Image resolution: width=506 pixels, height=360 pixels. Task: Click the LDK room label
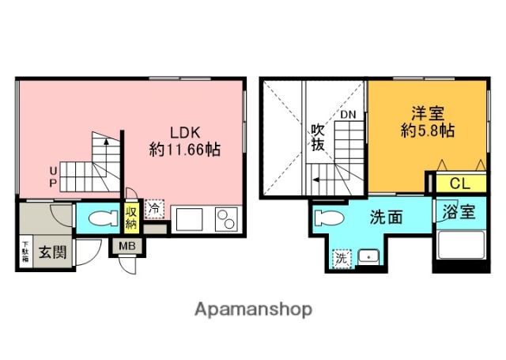[x=185, y=132]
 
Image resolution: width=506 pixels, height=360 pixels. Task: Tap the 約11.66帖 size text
[x=185, y=148]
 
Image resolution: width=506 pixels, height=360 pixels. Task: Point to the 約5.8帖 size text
[x=427, y=131]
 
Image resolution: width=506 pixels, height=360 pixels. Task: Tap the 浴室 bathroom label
[x=459, y=212]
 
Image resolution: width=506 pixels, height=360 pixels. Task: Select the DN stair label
[x=349, y=116]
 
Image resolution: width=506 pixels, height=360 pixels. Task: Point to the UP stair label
[x=53, y=175]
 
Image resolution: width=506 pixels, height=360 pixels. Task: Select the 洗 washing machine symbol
[x=341, y=257]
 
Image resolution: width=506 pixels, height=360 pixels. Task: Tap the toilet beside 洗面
[x=329, y=218]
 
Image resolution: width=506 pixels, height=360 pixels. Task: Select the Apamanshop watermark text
[x=253, y=309]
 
